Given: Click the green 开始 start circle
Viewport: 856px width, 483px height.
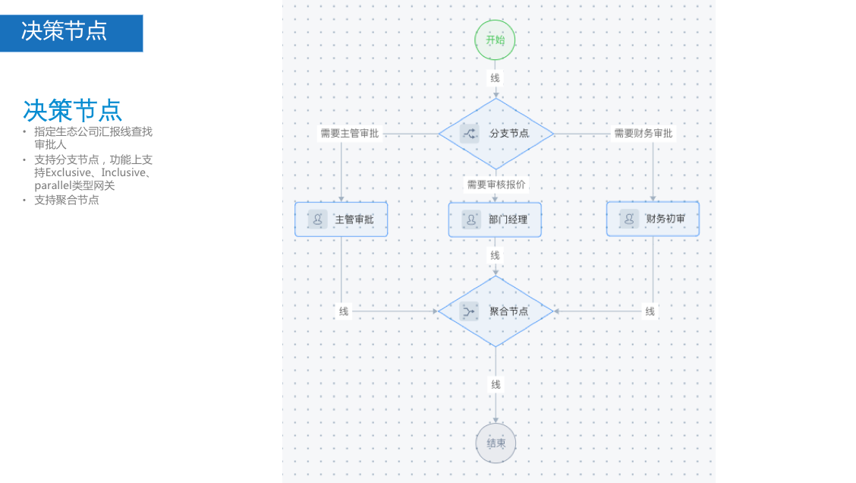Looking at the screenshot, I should [x=496, y=40].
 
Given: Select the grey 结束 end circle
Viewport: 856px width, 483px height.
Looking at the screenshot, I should [x=496, y=444].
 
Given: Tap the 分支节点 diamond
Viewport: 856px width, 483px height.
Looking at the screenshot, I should [x=496, y=134].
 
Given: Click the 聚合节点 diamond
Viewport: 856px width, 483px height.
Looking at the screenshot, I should [x=496, y=311].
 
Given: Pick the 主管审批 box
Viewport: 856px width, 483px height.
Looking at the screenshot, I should [x=341, y=219].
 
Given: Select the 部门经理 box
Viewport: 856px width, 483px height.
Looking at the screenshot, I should [x=495, y=219].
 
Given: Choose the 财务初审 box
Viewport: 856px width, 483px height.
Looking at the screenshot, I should [x=653, y=219].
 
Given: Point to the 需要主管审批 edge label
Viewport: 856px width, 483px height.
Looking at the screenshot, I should [x=349, y=134].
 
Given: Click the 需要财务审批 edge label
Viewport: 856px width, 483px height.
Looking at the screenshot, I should [x=643, y=134].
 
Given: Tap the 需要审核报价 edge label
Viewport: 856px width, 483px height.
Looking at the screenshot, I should [x=496, y=185].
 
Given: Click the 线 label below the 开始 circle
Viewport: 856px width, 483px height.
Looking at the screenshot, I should [x=496, y=78].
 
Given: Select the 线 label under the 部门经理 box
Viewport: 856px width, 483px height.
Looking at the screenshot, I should [x=496, y=255].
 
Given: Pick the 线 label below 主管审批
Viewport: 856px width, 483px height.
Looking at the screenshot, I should [x=344, y=311].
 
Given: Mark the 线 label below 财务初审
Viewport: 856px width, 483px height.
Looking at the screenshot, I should [x=650, y=311].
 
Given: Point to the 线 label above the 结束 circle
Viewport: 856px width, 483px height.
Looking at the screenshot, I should [x=496, y=385].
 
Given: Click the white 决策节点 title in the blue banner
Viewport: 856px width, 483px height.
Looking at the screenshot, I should [x=65, y=31].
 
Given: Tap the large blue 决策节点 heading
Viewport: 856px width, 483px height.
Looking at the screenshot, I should [x=72, y=110].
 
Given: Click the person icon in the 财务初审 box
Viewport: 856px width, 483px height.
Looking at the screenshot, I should [x=629, y=219].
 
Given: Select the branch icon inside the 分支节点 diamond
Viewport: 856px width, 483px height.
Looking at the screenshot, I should [x=470, y=134].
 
